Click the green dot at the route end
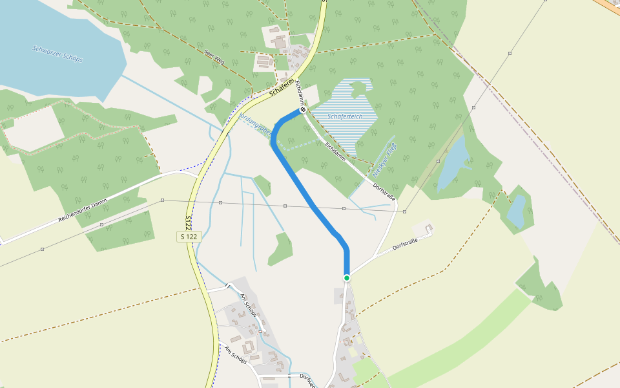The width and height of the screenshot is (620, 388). coord(347,278)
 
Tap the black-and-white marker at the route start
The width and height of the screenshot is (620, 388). coord(302,110)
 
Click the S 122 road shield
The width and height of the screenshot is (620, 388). coord(189,237)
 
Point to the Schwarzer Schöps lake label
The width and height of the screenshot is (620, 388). coord(57,54)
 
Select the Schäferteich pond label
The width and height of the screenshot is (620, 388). coord(344,116)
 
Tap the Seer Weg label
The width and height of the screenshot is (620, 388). coord(213,56)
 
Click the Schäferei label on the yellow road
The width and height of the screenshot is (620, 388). coord(282,90)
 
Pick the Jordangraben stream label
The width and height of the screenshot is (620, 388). coord(254,122)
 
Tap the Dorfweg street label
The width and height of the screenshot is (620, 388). coord(307,380)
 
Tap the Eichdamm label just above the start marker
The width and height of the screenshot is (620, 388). coord(300,92)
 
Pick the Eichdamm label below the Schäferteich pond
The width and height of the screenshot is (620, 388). coord(335,151)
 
